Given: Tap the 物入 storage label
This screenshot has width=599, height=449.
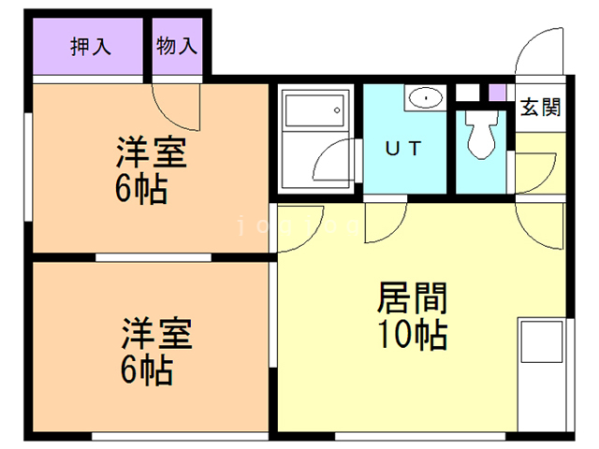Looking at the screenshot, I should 178,46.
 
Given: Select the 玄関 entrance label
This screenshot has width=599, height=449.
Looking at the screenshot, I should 540,107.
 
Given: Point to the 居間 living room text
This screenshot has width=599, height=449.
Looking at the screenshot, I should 412,298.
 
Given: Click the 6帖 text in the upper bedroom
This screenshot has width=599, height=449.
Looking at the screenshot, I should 142,190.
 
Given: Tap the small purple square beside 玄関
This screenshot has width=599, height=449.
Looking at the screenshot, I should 497,93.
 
